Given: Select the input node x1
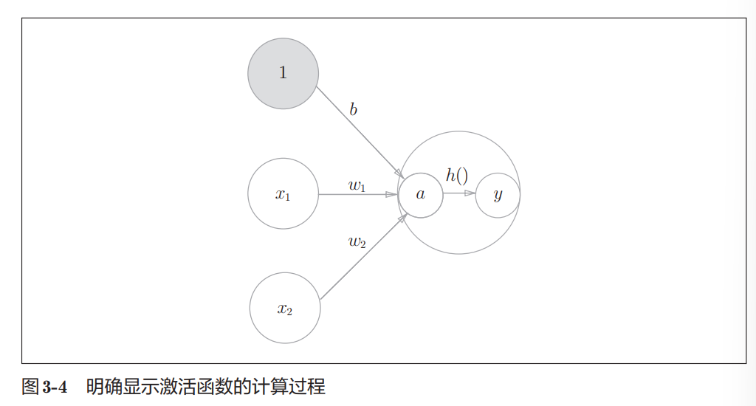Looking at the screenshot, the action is click(x=283, y=194).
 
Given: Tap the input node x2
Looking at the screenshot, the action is click(x=285, y=309).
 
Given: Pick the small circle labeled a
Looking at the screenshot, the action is click(x=421, y=195).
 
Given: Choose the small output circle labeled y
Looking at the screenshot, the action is click(x=498, y=195).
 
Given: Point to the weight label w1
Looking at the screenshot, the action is click(x=357, y=185).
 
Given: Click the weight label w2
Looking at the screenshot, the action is click(x=357, y=241).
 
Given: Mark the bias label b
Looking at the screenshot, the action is click(x=354, y=110).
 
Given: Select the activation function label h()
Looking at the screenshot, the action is click(x=457, y=176).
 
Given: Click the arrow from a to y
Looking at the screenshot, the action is click(x=458, y=194).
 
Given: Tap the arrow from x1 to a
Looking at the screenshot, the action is click(x=357, y=194).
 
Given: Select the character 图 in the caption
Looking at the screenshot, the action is click(x=30, y=386).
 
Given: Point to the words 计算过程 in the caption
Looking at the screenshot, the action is click(x=293, y=386).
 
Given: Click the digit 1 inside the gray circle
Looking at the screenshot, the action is click(x=283, y=73).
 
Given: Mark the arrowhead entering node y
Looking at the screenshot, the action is click(x=470, y=194).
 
